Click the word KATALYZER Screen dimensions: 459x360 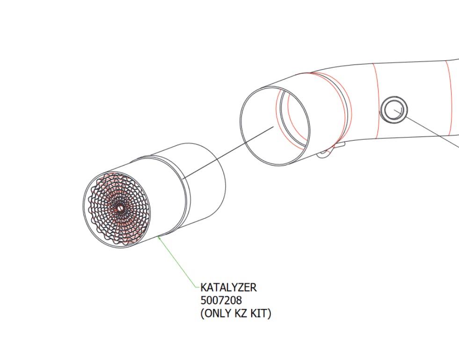click(x=228, y=288)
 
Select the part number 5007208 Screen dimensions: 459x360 click(x=221, y=300)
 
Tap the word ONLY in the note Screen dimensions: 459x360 click(x=219, y=313)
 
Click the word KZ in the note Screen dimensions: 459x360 click(x=241, y=313)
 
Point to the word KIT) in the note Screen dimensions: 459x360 click(x=261, y=313)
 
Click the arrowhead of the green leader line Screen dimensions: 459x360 click(x=159, y=237)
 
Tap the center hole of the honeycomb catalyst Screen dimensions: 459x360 click(x=120, y=208)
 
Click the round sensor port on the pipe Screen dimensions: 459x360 click(x=393, y=109)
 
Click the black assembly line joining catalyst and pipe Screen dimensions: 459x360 click(x=228, y=152)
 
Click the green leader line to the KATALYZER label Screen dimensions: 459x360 click(x=178, y=262)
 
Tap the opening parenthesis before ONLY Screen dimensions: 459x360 click(x=202, y=314)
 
